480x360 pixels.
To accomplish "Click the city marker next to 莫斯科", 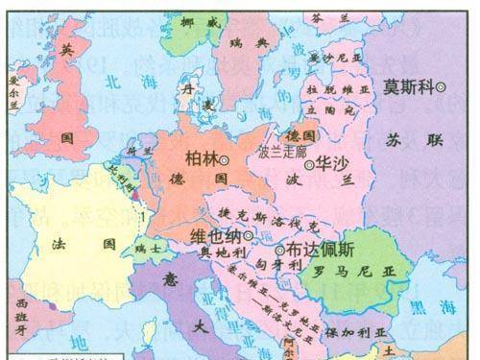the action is [x=441, y=87].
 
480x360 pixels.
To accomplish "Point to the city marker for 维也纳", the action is [x=249, y=234].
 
